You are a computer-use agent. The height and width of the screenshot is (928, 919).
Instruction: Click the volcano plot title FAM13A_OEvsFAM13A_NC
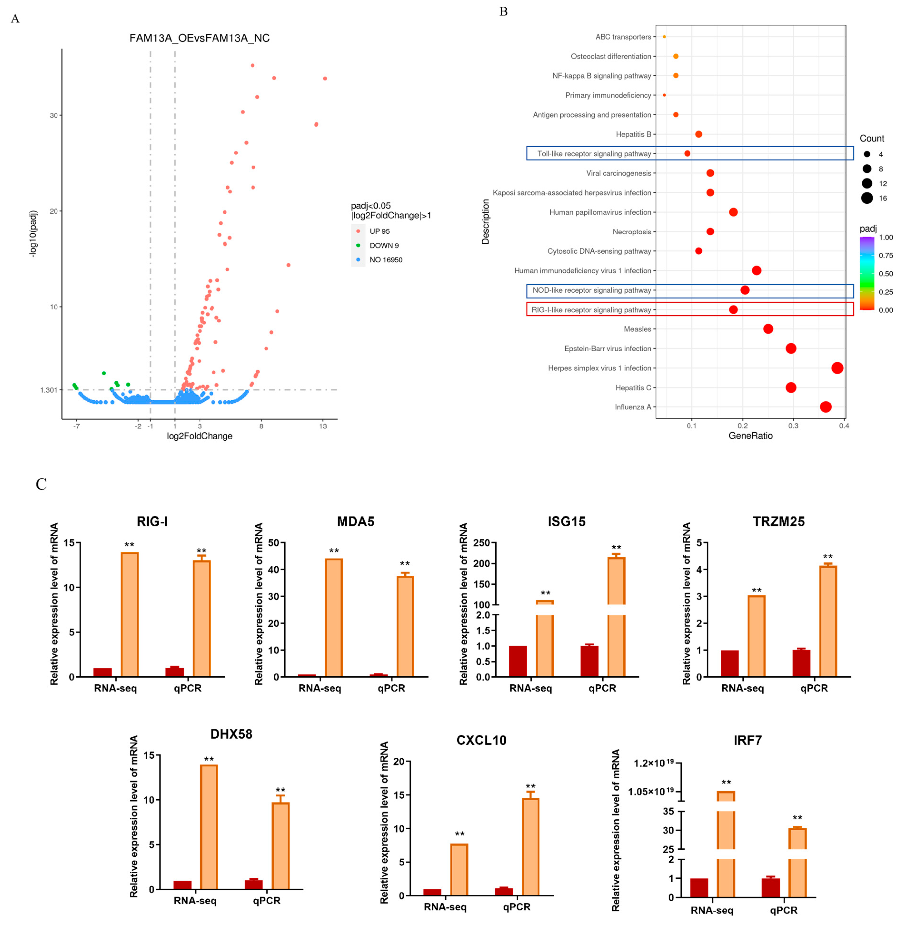(x=199, y=38)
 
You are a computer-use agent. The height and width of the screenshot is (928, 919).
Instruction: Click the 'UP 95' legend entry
(x=379, y=231)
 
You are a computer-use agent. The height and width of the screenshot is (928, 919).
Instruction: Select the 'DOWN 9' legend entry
(x=383, y=246)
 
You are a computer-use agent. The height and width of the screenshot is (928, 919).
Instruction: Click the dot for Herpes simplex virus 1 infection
(x=837, y=368)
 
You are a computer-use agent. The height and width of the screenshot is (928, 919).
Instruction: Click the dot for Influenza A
(x=825, y=407)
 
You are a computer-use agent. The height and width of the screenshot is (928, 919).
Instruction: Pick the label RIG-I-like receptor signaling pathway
(x=591, y=310)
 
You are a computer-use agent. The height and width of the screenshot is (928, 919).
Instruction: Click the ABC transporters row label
(x=623, y=37)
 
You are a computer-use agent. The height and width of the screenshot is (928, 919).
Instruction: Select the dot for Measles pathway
(x=768, y=329)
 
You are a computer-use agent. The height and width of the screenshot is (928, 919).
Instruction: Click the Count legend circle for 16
(x=867, y=198)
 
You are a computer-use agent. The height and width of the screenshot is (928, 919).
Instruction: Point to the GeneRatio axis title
(x=750, y=436)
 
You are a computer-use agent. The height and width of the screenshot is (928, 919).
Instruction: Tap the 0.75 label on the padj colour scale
(x=885, y=255)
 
